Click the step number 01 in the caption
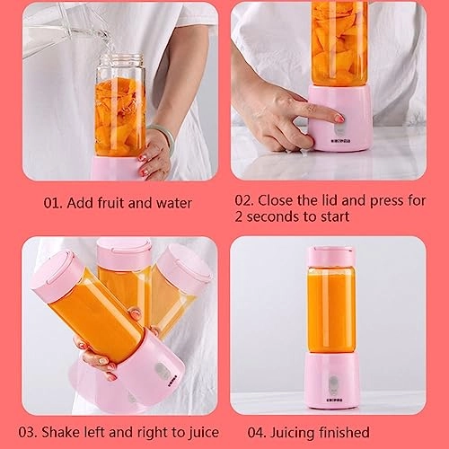(x=53, y=202)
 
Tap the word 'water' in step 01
(x=172, y=202)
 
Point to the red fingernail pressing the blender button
(x=339, y=118)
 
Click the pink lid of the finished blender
(x=330, y=256)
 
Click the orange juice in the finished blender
(x=330, y=310)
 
